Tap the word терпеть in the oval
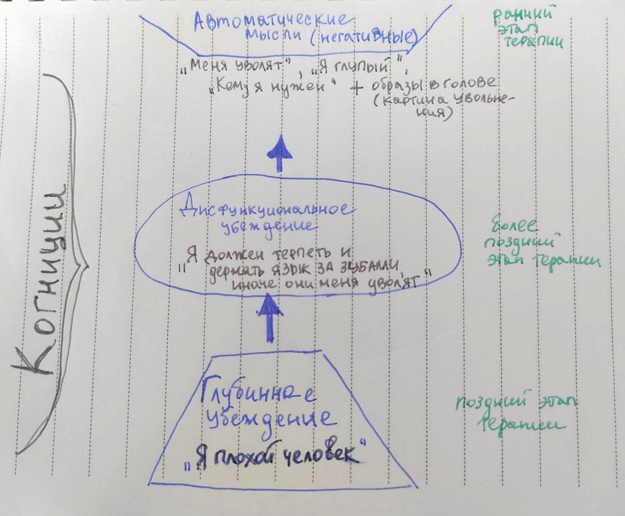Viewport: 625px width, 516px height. coord(309,251)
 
